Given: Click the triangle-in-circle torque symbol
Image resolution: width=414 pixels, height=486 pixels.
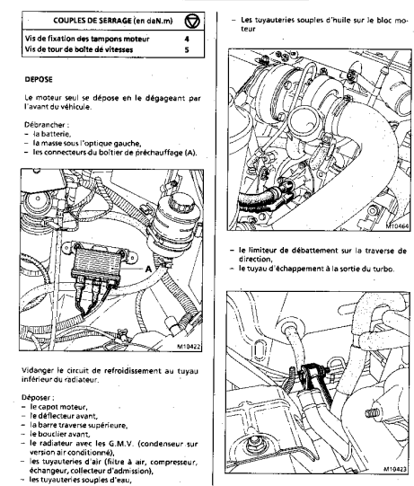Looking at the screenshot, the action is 192,22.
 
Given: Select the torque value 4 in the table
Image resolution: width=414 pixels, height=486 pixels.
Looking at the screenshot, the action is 187,39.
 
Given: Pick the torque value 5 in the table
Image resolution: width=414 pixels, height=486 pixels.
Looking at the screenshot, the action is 187,49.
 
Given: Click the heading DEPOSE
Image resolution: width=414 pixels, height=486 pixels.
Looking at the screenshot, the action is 39,79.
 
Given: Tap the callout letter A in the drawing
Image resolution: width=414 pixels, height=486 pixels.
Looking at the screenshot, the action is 149,269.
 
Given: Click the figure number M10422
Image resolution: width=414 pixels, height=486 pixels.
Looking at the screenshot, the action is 189,347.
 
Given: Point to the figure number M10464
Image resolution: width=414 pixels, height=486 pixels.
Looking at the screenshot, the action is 397,226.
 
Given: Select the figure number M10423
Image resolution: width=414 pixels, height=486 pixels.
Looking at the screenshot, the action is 395,469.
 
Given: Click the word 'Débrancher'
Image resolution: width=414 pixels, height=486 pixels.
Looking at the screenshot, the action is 45,125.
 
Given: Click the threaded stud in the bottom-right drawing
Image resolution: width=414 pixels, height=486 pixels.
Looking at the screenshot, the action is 373,413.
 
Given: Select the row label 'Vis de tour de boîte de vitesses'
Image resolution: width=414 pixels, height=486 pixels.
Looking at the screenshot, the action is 79,49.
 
